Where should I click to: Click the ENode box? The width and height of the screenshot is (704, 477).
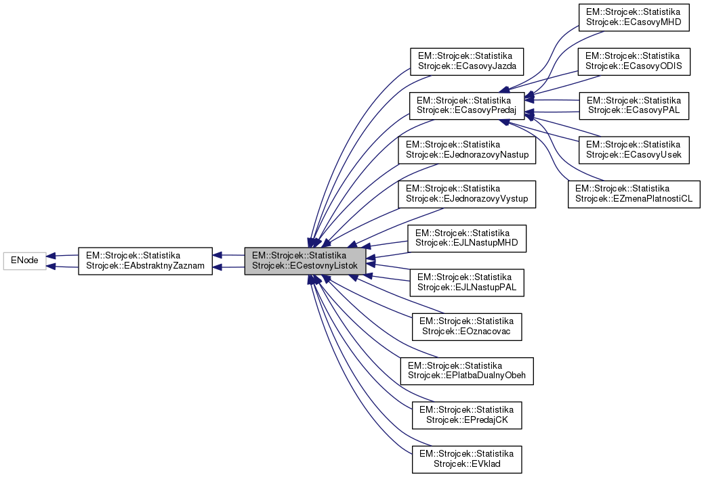(25, 261)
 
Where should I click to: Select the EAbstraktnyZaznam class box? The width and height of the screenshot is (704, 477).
(145, 261)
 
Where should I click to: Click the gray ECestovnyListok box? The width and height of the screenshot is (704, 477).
(305, 261)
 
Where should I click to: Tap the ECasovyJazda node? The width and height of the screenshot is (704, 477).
(466, 61)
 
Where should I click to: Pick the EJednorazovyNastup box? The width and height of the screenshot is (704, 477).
(468, 150)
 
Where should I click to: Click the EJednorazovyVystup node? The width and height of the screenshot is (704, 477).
(468, 194)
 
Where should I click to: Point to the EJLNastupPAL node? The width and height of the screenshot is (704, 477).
(466, 282)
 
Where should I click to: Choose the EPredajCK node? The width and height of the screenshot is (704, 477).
(466, 414)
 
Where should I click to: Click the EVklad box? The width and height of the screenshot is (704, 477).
(466, 458)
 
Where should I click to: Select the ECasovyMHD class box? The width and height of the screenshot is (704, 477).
(634, 18)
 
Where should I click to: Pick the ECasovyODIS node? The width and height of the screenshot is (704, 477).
(634, 61)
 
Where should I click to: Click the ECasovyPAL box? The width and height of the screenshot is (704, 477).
(634, 105)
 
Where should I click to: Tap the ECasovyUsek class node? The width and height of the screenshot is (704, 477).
(634, 150)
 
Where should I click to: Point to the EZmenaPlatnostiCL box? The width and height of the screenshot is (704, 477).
(634, 194)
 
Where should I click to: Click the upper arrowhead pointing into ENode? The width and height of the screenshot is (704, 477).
(51, 256)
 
